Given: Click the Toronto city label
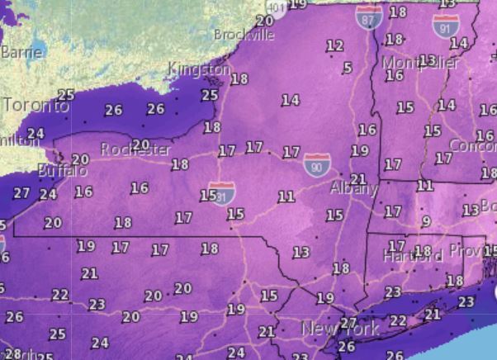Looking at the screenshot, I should pos(36,106).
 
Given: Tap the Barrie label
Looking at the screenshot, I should pos(21,51).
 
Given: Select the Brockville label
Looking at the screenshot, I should pos(244,35).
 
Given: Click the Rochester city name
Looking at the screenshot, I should pos(136,149).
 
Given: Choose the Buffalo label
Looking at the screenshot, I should pos(62,171).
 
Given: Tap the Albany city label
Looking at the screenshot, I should pos(353,189).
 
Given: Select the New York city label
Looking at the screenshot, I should pos(340,329).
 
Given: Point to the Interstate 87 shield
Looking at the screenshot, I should pos(369,15).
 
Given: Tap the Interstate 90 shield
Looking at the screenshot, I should pos(315,163).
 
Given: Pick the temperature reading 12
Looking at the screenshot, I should pos(334,45).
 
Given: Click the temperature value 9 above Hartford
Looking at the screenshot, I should pos(426,221).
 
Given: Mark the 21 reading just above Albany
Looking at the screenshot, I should pos(357,178).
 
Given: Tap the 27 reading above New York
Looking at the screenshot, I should pos(349,323).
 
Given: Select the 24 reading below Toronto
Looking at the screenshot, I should pos(35,133).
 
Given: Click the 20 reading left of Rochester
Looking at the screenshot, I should pos(80,159).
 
